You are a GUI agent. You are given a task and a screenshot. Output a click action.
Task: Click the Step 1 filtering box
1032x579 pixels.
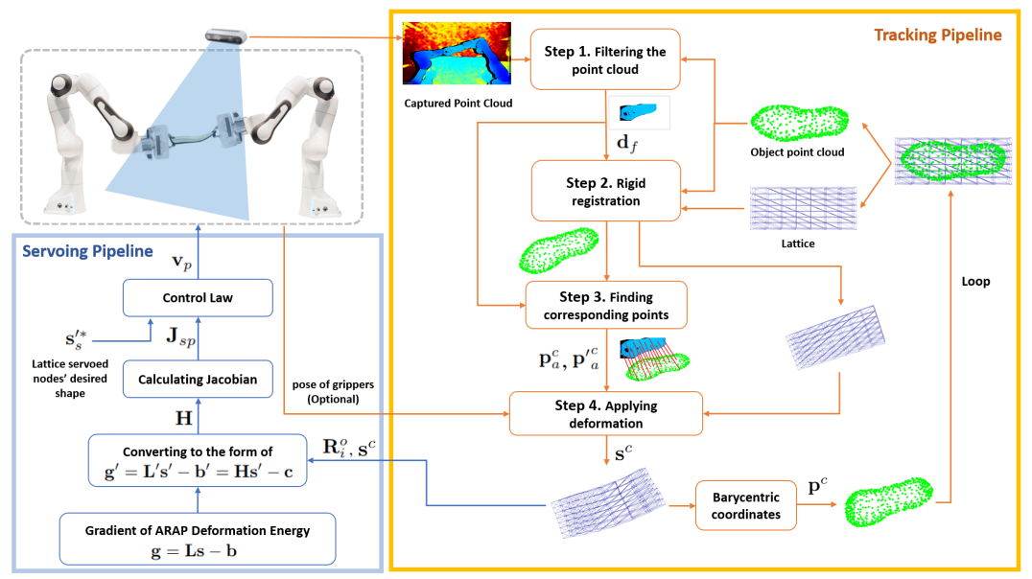(605, 59)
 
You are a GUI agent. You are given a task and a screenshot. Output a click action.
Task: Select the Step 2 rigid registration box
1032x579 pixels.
(605, 191)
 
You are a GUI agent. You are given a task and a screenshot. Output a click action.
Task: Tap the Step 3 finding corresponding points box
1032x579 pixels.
(605, 306)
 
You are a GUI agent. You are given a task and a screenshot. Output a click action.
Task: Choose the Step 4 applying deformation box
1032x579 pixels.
(605, 413)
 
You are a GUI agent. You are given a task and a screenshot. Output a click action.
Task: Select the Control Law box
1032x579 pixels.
(198, 298)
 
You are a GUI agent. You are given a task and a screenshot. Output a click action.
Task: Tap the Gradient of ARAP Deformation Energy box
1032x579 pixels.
(198, 539)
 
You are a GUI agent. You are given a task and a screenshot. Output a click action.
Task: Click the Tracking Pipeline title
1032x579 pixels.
(937, 35)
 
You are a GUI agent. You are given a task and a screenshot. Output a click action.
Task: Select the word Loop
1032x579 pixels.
(974, 283)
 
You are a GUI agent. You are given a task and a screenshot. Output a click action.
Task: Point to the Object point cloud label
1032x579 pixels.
(798, 151)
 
